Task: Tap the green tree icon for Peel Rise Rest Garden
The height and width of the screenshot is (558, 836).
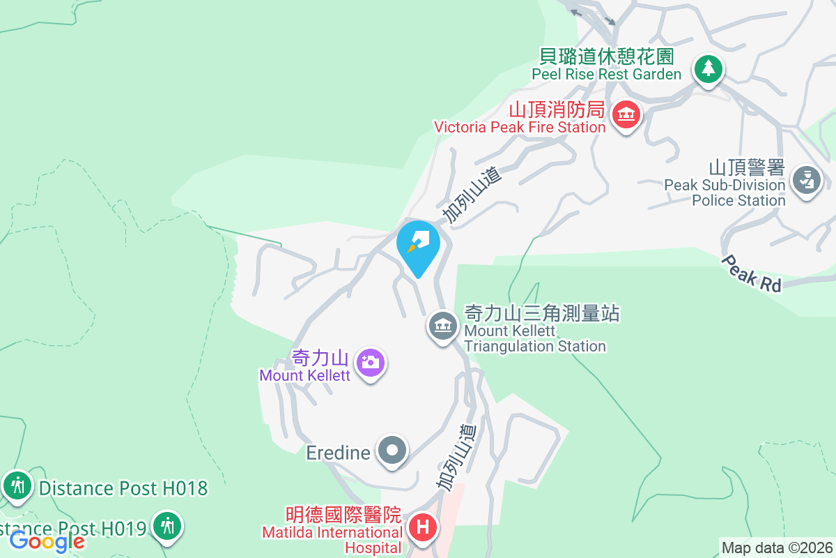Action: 708,69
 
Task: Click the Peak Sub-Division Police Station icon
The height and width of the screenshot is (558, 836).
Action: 807,181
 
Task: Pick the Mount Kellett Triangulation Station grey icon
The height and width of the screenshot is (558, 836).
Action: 442,325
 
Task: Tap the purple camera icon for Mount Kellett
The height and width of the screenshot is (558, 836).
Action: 371,363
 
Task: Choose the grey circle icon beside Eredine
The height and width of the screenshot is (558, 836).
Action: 392,451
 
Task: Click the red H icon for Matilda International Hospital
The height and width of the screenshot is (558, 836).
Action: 422,527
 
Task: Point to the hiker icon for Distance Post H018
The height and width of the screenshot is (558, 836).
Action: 17,485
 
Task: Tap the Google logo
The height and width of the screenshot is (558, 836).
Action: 47,541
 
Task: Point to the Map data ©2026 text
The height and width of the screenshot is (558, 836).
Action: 776,548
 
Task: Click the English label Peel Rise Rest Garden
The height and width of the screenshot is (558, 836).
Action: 606,74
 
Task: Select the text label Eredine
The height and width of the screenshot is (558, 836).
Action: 338,453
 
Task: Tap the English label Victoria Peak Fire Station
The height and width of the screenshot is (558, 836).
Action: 520,127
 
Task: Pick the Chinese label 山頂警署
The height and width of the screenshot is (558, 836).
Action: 746,168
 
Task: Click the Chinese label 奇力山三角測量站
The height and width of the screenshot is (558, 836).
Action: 542,313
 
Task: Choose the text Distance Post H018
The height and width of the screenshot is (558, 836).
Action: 123,488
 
